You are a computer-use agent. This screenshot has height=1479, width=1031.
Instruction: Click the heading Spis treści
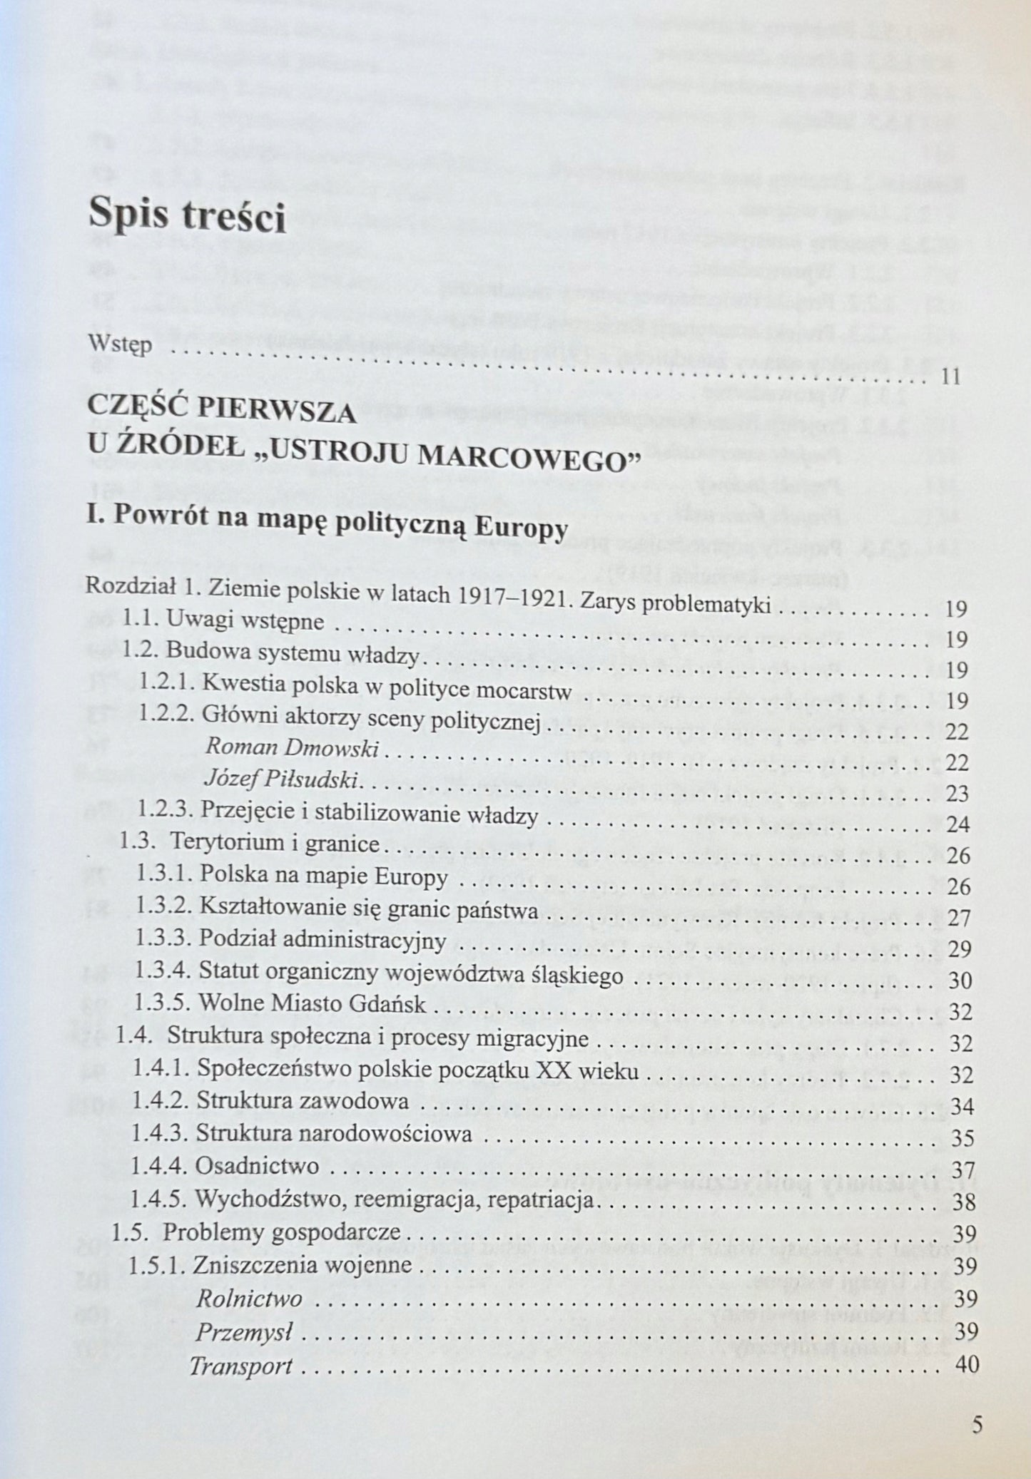[187, 216]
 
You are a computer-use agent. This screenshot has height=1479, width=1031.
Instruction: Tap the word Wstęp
[120, 345]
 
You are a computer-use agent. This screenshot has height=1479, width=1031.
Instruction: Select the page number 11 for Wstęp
[950, 377]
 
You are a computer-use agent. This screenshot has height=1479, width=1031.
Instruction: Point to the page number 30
[961, 981]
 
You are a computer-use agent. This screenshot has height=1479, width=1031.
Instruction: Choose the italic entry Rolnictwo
[249, 1299]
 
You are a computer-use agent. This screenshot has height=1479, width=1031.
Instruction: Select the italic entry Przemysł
[245, 1332]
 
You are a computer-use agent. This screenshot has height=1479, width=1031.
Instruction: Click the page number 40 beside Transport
[965, 1366]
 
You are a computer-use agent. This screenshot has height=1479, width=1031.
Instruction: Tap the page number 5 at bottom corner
[977, 1426]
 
